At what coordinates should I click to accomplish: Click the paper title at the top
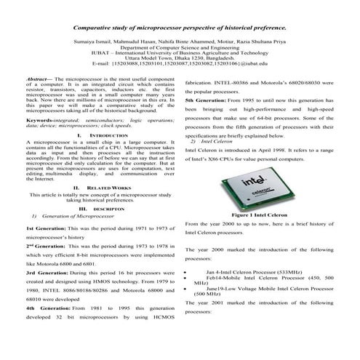(x=180, y=26)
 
